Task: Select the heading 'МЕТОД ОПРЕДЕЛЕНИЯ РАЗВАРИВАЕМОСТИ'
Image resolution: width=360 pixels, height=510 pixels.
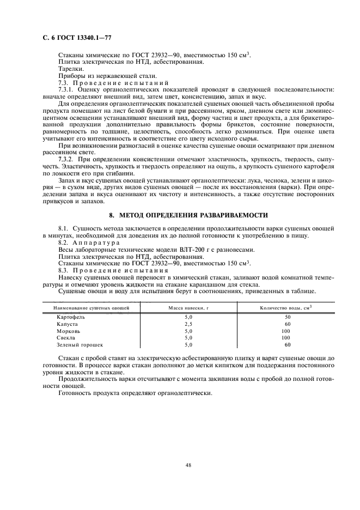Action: (x=188, y=215)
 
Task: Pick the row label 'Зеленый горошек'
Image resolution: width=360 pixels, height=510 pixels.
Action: (x=80, y=345)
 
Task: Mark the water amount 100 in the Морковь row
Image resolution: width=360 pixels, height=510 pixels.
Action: (x=286, y=331)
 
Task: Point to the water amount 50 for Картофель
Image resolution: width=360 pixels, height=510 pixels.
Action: (x=288, y=317)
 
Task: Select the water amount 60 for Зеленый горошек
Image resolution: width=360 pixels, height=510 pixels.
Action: (x=288, y=345)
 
